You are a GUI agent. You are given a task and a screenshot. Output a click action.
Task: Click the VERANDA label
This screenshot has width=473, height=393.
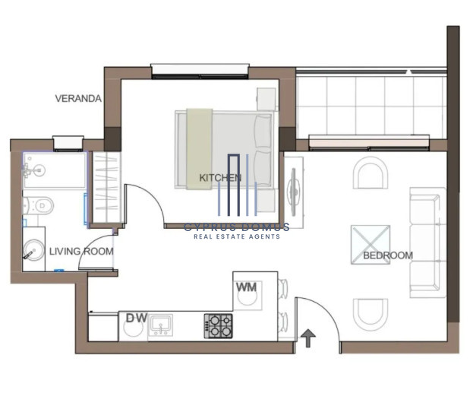pos(78,99)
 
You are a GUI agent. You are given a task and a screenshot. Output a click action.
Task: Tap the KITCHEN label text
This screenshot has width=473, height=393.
pos(220,178)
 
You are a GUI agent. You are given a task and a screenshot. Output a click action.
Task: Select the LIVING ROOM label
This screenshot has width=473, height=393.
pos(81,252)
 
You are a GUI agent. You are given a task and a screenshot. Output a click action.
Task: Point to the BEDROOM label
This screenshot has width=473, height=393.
pos(388,255)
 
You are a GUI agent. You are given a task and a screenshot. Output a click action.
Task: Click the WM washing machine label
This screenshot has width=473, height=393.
pos(246,287)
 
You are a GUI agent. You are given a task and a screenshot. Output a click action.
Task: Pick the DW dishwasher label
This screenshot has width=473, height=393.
pos(137,318)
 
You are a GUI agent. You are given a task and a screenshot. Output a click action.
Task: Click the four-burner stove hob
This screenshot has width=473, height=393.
pos(219,326)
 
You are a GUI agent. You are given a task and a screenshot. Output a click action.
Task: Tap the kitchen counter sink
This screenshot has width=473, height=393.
pos(160,325)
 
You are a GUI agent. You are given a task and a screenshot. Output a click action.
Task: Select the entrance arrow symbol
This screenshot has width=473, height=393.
pos(308,338)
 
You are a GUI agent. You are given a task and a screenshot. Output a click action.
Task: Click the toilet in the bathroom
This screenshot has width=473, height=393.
pos(38,206)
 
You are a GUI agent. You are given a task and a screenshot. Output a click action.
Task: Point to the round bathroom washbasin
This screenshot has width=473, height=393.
pos(33,250)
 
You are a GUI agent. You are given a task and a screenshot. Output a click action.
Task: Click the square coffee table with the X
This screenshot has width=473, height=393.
pos(371,245)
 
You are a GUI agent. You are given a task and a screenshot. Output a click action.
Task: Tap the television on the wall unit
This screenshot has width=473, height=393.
pos(294,192)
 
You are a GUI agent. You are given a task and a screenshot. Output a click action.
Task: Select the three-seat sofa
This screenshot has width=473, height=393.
pos(427,242)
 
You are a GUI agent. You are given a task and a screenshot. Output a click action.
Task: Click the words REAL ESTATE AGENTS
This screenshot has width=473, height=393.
pos(237,236)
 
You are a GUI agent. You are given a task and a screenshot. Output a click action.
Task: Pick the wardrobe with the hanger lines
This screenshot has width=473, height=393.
pos(106,187)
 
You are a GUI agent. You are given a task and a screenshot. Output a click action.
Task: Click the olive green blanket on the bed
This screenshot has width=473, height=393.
pos(200,149)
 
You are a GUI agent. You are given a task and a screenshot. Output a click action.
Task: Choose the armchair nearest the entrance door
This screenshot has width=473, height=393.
pos(371,315)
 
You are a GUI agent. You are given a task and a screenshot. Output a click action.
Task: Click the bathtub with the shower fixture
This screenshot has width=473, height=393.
pos(55,170)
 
